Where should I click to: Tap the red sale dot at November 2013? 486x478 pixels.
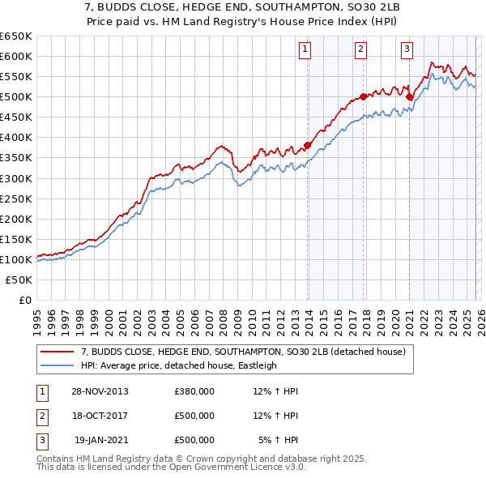pyautogui.click(x=308, y=146)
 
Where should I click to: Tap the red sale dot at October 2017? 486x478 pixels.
pyautogui.click(x=364, y=96)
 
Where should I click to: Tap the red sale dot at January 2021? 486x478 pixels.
pyautogui.click(x=410, y=96)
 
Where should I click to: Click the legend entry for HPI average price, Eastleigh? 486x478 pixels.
pyautogui.click(x=178, y=365)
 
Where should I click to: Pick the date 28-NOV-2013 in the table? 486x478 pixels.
pyautogui.click(x=100, y=391)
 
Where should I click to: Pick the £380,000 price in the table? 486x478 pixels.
pyautogui.click(x=194, y=391)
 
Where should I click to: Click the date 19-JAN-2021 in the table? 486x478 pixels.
pyautogui.click(x=101, y=440)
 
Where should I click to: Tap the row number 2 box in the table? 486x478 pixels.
pyautogui.click(x=41, y=416)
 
